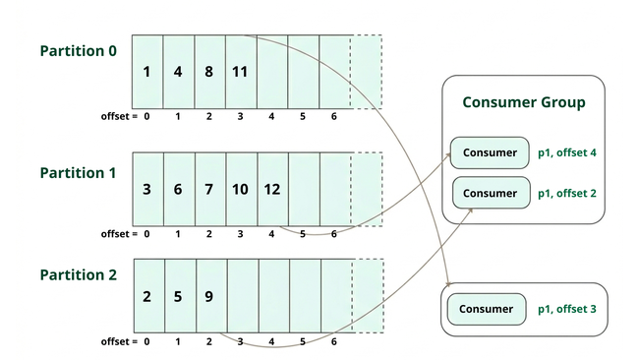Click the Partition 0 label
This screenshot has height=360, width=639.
(78, 50)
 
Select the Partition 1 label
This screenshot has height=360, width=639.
(78, 172)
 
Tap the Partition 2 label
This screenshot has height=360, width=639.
(78, 275)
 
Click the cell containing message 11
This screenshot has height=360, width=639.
(241, 72)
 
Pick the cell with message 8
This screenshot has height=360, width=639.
(209, 72)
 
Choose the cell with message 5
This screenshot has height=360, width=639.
(178, 294)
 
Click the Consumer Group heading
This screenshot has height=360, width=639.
(523, 102)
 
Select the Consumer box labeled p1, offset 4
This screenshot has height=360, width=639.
(490, 152)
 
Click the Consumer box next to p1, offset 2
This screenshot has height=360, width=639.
(490, 193)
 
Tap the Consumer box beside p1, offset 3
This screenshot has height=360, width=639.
(487, 309)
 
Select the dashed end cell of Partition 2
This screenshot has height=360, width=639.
(366, 294)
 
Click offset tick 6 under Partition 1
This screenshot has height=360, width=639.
(334, 234)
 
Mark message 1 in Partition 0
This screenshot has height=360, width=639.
(146, 72)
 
